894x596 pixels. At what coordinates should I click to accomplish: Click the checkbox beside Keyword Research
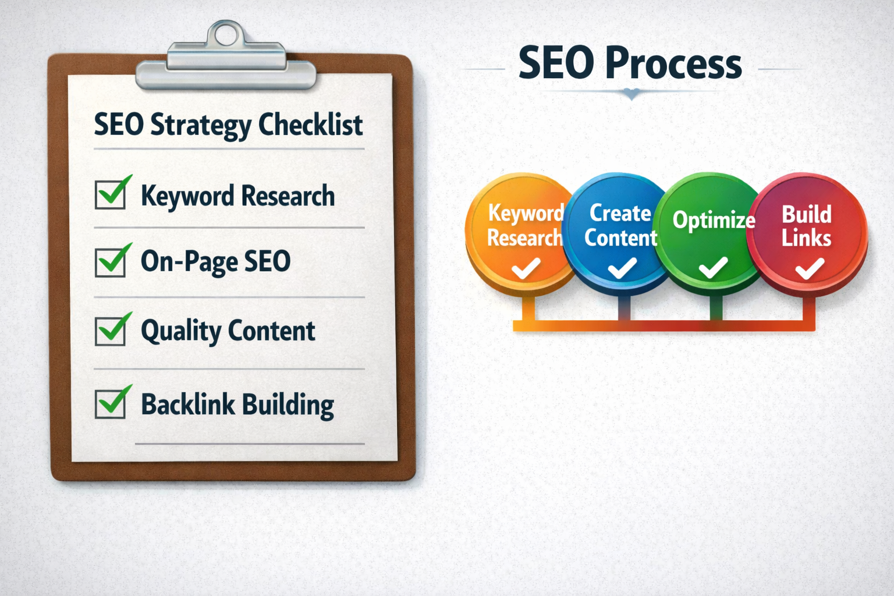[110, 194]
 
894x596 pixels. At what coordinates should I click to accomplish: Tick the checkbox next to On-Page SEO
[110, 262]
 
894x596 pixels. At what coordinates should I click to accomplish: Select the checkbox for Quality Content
[110, 331]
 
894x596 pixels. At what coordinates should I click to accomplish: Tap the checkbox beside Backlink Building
[110, 404]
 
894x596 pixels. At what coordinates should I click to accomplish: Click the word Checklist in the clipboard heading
[310, 125]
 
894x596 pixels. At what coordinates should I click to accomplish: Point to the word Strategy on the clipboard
[201, 126]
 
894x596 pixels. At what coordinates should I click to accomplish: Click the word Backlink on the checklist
[187, 405]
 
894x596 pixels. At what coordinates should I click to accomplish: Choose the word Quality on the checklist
[181, 332]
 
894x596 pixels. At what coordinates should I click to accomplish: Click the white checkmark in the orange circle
[526, 268]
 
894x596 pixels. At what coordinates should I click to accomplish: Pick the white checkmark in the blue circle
[622, 268]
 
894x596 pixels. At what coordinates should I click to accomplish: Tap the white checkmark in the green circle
[713, 268]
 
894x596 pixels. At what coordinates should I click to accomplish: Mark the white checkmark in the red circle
[810, 268]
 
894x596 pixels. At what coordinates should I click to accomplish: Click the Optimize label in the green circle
[714, 220]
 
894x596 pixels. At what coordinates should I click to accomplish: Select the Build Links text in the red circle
[806, 226]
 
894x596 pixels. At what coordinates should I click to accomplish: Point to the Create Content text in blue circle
[620, 225]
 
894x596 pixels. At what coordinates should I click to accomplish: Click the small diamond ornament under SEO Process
[632, 94]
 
